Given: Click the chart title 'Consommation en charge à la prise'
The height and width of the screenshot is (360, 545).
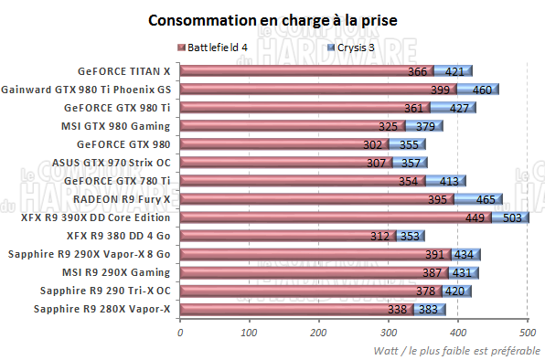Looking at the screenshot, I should [272, 19].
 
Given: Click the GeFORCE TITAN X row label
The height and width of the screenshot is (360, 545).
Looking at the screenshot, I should [124, 70].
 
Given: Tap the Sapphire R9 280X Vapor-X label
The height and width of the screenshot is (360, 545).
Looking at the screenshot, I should [102, 310].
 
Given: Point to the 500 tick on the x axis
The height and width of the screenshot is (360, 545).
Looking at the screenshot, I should [527, 333].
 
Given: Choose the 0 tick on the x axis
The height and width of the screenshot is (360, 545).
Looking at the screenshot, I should [180, 333].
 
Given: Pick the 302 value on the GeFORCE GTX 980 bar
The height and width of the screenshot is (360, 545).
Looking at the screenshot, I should [372, 144].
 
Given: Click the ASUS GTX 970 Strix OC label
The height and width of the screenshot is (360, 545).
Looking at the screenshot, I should [112, 163].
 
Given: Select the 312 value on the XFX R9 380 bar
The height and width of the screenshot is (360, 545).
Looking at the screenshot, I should [379, 236].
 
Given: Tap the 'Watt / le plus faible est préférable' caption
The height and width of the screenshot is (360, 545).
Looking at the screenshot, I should [456, 351].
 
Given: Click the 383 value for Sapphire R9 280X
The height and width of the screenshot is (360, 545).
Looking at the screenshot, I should [428, 310].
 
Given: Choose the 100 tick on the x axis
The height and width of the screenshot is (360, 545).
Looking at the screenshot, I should [249, 333].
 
